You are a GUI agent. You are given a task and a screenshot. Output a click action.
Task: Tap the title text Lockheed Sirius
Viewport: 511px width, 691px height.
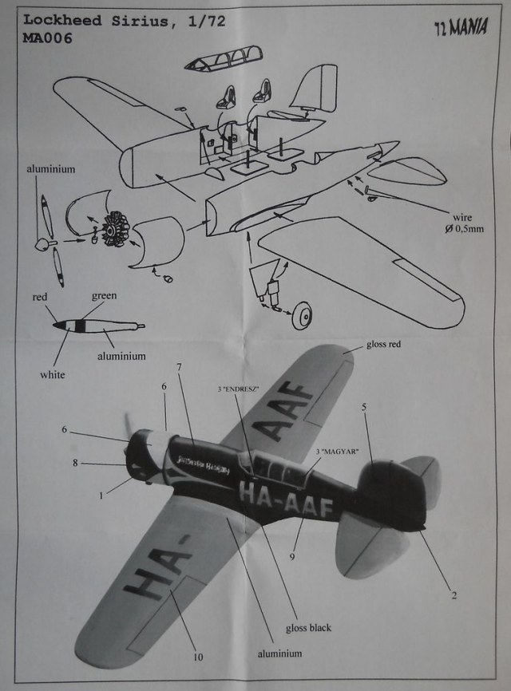[79, 20]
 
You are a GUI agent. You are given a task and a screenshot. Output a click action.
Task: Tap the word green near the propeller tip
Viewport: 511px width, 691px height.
[104, 295]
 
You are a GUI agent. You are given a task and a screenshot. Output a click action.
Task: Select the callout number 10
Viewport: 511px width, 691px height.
[197, 657]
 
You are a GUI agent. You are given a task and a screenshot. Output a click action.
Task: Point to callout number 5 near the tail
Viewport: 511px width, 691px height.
[363, 407]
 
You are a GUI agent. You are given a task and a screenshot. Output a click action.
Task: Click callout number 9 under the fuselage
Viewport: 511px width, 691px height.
[292, 556]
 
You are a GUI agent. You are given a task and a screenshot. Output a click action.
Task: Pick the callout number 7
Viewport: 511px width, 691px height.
[179, 366]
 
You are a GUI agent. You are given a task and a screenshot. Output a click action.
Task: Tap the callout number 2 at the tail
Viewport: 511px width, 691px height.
[454, 594]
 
